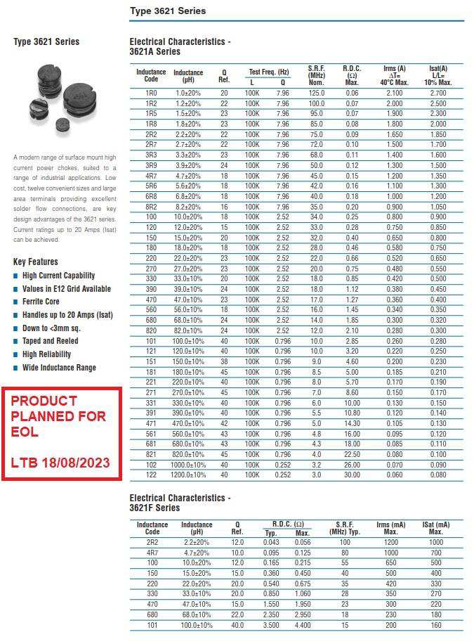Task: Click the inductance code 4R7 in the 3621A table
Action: coord(151,176)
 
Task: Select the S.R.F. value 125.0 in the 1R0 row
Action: coord(317,93)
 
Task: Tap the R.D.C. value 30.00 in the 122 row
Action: coord(351,475)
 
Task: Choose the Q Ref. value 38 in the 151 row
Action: coord(224,361)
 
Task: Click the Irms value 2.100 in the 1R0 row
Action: coord(395,93)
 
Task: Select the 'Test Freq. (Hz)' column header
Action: coord(268,72)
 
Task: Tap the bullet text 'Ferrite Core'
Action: coord(41,302)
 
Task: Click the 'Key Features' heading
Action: coord(35,262)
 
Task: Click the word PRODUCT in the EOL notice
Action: coord(44,401)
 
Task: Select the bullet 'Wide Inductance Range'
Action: coord(59,368)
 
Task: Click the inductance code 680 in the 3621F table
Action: coord(152,614)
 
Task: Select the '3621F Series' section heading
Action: coord(154,508)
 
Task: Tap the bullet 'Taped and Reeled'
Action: coord(51,341)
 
